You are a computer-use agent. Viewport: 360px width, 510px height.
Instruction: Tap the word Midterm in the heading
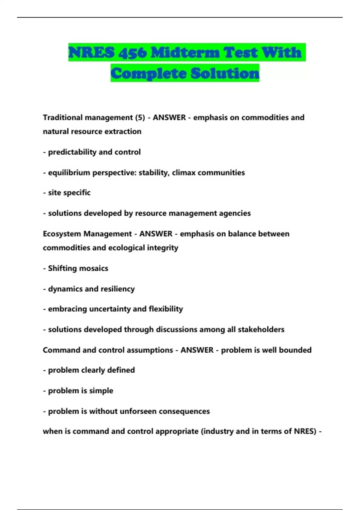(x=184, y=53)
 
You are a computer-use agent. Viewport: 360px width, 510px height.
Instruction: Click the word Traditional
(x=62, y=117)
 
